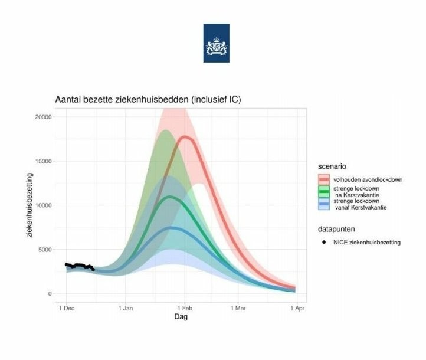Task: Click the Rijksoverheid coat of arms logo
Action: (x=217, y=43)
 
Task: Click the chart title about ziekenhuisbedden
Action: (x=148, y=100)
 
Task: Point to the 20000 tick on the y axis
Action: (x=43, y=117)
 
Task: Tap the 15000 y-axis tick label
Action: (x=43, y=161)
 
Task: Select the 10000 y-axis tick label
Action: (x=43, y=205)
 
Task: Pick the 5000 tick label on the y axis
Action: (x=45, y=250)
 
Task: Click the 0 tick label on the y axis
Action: (x=50, y=294)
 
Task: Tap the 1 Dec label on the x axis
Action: (x=67, y=309)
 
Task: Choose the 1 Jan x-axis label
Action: (x=126, y=309)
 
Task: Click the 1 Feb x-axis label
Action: (x=185, y=309)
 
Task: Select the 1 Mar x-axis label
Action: (x=238, y=309)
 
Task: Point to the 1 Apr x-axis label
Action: (x=297, y=309)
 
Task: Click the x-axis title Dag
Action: (x=181, y=317)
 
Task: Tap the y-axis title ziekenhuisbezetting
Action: (x=30, y=205)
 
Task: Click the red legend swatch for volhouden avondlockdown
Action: (x=324, y=179)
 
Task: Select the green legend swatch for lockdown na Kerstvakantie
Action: (x=324, y=192)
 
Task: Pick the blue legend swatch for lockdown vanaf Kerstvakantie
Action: (x=324, y=204)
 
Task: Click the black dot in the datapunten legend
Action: (x=324, y=242)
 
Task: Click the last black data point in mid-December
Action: (x=93, y=270)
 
